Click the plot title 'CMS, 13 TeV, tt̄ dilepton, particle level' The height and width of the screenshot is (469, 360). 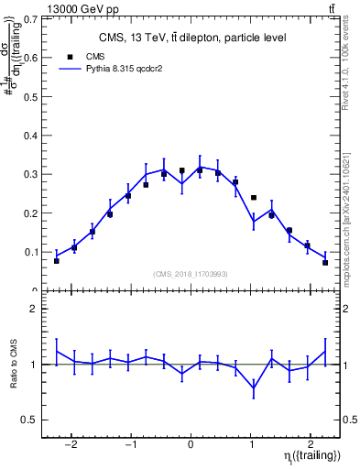click(191, 38)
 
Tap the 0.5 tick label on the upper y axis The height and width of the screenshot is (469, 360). click(32, 96)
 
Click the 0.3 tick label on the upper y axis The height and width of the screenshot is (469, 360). click(32, 174)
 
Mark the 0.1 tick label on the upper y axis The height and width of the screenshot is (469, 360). click(32, 252)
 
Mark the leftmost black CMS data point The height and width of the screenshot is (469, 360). click(57, 261)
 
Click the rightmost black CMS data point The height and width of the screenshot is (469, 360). click(325, 263)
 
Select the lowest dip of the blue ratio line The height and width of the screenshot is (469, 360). click(254, 387)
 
